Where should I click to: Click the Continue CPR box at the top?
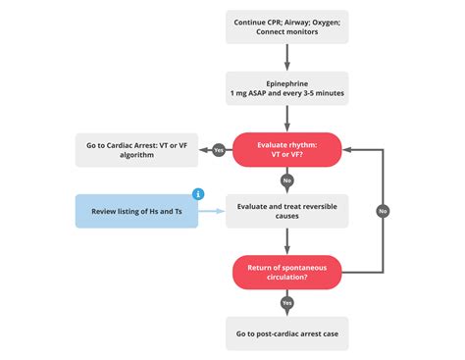point(286,26)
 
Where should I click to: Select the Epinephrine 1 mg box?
point(286,88)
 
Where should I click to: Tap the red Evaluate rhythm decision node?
point(286,150)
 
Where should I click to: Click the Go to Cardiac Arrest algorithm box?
point(136,150)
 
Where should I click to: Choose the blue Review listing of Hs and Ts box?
point(136,210)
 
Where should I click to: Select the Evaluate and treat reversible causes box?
point(286,210)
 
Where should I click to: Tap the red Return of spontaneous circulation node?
point(286,271)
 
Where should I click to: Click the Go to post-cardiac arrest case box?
point(286,334)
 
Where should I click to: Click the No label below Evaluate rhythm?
point(286,180)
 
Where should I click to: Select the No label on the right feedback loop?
point(382,210)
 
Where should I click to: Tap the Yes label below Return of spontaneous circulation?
point(286,302)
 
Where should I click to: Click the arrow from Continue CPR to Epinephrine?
point(286,58)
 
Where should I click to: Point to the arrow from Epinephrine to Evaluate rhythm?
point(286,119)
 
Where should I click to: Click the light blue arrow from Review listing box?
point(211,210)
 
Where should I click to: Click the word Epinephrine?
point(286,82)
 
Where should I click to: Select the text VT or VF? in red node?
point(286,156)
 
